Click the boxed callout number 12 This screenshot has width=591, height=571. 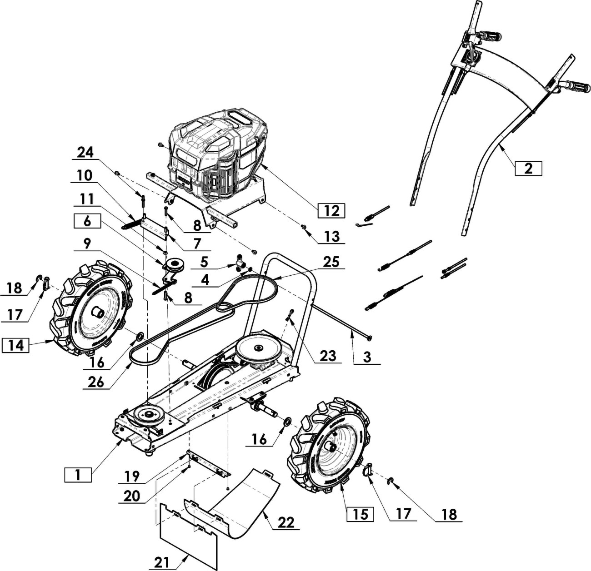pos(331,211)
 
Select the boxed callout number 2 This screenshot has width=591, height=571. pos(528,168)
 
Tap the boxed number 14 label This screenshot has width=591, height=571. pos(15,345)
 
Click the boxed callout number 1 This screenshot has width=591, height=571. pos(78,475)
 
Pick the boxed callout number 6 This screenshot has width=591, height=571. pos(87,221)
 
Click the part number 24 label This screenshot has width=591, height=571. pos(85,152)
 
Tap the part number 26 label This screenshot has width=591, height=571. pos(96,382)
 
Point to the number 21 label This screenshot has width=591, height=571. pos(162,562)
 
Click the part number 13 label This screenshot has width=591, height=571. pos(331,236)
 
